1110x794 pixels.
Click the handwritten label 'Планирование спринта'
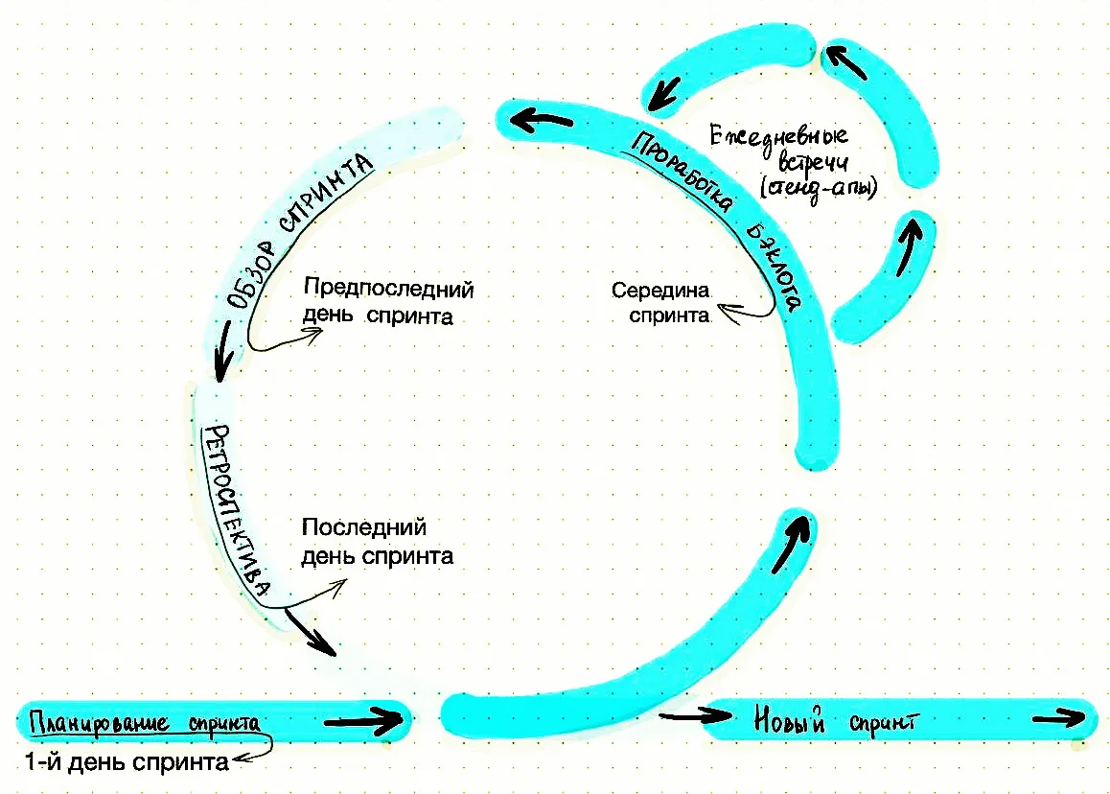[145, 723]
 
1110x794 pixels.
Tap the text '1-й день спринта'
[127, 762]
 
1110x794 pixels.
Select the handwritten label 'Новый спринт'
[835, 720]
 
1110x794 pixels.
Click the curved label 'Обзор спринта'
[297, 230]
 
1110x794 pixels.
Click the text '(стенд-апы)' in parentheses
[819, 188]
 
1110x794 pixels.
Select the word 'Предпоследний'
[388, 289]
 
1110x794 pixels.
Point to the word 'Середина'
[660, 290]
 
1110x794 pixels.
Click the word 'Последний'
[364, 527]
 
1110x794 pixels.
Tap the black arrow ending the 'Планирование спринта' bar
[363, 721]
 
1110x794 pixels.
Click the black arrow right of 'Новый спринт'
[1059, 718]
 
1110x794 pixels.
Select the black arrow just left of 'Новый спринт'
[695, 715]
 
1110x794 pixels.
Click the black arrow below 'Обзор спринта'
[224, 351]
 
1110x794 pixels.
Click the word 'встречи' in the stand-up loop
[813, 162]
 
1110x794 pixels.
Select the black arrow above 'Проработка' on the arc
[542, 120]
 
